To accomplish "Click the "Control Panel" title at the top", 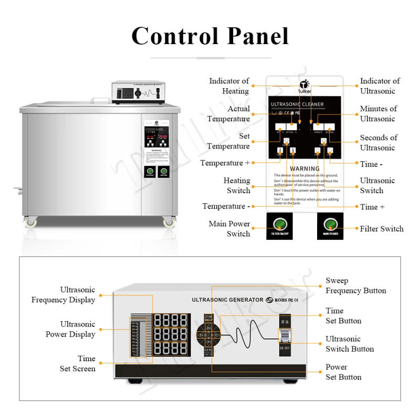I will coord(210,36).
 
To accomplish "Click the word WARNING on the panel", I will coord(304,169).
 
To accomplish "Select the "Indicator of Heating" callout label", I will coord(229,86).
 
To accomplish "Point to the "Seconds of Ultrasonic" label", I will coord(378,142).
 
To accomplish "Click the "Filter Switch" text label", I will coord(382,228).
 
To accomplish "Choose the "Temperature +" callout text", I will coord(225,163).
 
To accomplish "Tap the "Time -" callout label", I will coord(371,164).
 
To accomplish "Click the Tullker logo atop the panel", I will coord(304,86).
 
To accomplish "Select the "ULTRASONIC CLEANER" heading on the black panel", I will coord(297,104).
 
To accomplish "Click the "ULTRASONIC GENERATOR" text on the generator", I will coord(227,300).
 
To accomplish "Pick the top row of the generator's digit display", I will coord(170,320).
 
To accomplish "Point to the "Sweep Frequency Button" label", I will coord(355,286).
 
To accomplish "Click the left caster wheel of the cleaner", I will coord(31,223).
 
